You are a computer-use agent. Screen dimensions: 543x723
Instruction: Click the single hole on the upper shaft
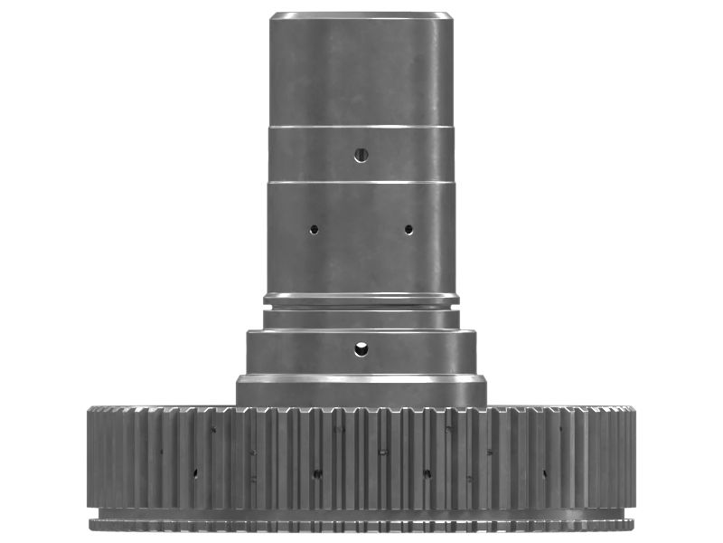click(361, 155)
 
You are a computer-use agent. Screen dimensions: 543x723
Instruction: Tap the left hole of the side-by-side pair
click(314, 229)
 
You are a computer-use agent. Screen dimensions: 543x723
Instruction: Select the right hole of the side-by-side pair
click(408, 229)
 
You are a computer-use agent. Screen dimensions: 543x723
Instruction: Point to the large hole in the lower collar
click(361, 348)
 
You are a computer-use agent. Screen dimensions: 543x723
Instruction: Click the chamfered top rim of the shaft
click(361, 15)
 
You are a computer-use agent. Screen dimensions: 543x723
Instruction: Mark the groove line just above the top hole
click(361, 127)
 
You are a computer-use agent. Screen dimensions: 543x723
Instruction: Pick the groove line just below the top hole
click(361, 182)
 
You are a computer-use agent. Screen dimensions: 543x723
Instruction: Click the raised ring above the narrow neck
click(361, 299)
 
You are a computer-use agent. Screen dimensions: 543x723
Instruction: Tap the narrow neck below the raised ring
click(361, 319)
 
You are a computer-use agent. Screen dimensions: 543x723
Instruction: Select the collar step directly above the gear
click(361, 391)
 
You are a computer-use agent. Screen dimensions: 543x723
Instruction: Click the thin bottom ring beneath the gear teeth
click(361, 524)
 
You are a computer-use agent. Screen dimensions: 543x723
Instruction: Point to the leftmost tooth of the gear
click(91, 457)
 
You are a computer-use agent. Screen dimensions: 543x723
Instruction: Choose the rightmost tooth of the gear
click(632, 457)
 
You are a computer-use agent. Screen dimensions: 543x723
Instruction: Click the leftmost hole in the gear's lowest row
click(194, 472)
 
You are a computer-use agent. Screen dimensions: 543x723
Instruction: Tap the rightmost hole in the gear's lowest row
click(544, 472)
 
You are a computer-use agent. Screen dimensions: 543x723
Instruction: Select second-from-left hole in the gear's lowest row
click(316, 472)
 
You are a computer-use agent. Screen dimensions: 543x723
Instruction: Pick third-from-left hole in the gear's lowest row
click(427, 472)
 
